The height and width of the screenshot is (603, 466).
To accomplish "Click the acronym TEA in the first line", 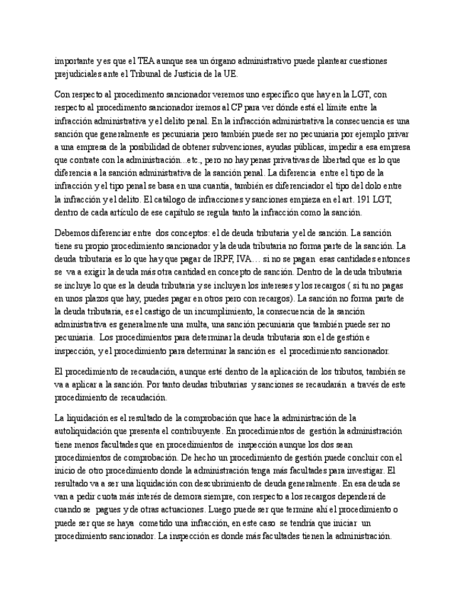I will pyautogui.click(x=140, y=61).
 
